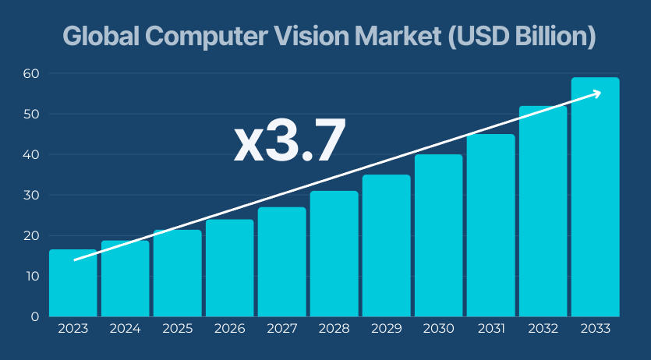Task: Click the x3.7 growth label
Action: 289,143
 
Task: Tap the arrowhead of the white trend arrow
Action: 597,93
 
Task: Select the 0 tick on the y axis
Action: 34,316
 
